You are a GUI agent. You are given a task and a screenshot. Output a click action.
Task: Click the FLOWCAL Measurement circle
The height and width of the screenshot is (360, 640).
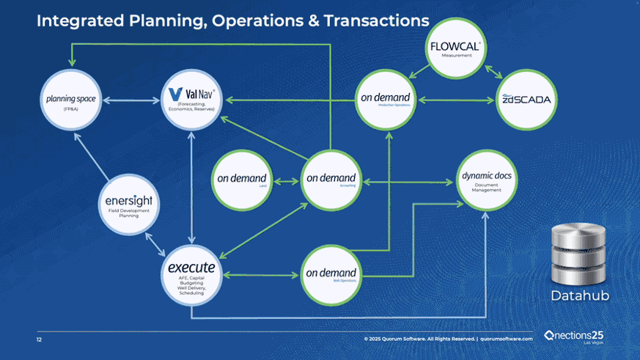455,51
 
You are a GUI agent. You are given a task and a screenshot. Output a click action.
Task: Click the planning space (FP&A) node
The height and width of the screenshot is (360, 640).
72,100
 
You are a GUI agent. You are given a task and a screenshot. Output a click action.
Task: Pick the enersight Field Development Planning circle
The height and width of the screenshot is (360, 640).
128,205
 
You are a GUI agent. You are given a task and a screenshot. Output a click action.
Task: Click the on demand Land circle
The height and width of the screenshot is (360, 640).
242,179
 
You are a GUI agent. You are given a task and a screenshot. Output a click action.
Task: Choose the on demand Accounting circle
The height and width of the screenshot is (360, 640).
331,179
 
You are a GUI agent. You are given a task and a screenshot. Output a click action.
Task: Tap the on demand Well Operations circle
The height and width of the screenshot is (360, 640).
331,275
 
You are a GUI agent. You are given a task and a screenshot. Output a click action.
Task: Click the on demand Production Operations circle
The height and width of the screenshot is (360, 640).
384,99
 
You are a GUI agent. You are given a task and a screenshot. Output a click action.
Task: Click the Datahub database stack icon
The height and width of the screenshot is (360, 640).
579,254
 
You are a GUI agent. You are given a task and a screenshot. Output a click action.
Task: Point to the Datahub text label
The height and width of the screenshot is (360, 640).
579,295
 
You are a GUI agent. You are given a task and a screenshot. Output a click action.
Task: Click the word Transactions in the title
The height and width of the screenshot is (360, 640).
375,21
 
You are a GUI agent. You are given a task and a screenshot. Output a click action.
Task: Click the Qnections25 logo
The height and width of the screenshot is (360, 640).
574,336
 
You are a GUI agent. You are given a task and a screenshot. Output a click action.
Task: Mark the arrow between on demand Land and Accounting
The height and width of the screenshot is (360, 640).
286,180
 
